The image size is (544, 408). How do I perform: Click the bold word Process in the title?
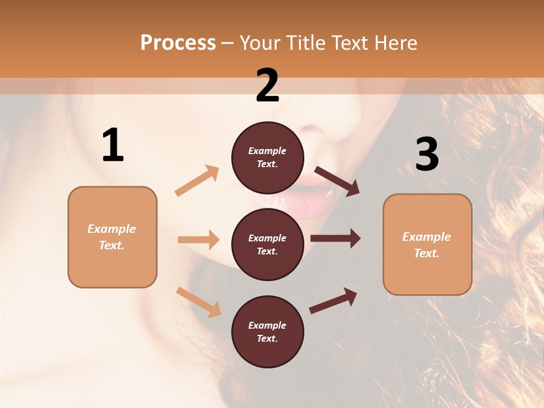point(178,43)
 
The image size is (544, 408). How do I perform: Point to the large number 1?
point(113,146)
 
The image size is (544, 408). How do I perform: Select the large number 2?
point(267,86)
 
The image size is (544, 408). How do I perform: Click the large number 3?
point(427,154)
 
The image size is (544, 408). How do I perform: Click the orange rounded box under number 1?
point(112,237)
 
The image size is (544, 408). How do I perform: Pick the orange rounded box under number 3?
point(427,244)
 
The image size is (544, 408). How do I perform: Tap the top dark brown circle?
point(267,158)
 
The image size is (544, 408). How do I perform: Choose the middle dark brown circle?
point(267,244)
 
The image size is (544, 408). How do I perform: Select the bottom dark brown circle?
point(267,331)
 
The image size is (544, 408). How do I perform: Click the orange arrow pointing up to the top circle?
point(197,181)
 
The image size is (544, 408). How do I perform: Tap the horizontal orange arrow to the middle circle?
point(198,240)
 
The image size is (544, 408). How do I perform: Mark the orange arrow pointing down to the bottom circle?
point(199,301)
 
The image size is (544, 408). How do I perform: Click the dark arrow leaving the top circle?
point(337,181)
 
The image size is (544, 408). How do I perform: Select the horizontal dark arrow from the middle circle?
point(335,239)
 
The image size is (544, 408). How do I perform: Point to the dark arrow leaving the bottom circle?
point(333,300)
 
